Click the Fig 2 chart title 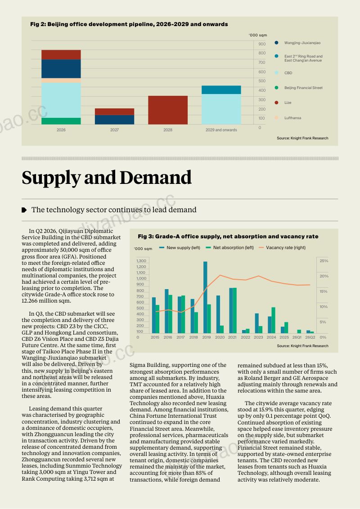coord(129,24)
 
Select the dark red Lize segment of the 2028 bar coord(168,110)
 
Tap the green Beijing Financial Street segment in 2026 coord(61,121)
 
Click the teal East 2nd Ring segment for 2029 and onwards coord(221,89)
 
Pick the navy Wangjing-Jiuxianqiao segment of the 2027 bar coord(114,120)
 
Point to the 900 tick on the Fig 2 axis coord(262,44)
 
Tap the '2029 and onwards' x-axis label coord(221,130)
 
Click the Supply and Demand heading coord(107,178)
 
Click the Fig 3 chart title coord(228,237)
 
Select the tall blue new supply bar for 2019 coord(205,297)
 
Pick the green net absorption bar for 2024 coord(273,320)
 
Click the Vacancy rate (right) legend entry coord(282,248)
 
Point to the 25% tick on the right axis coord(324,261)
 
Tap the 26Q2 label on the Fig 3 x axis coord(310,337)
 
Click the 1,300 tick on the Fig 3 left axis coord(141,261)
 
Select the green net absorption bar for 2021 coord(234,311)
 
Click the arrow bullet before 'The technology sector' coord(24,210)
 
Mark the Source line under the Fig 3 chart coord(302,346)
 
